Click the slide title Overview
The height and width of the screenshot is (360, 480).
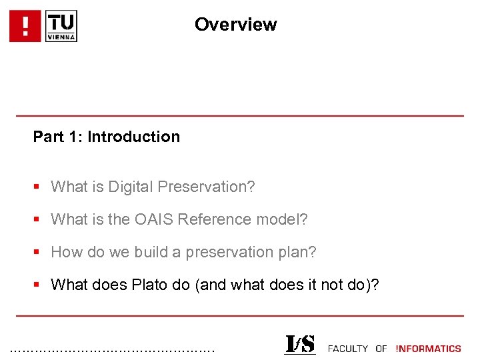tap(235, 25)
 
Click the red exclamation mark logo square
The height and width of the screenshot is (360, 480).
tap(25, 27)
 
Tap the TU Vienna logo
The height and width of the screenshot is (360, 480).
tap(61, 27)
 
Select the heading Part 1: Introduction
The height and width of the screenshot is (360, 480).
tap(107, 137)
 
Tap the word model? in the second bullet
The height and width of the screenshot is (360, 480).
tap(286, 219)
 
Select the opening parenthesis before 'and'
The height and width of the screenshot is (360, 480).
tap(197, 285)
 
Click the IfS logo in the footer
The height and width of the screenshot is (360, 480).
tap(299, 345)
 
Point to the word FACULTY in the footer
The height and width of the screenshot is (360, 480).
tap(348, 349)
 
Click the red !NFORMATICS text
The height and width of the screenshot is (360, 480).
tap(428, 349)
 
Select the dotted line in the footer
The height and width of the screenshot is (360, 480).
tap(113, 349)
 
